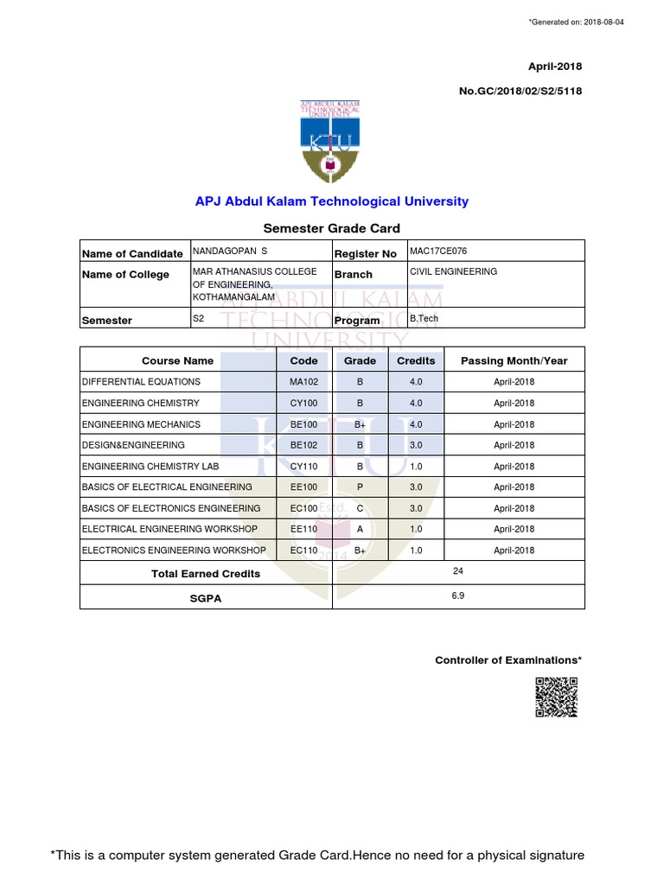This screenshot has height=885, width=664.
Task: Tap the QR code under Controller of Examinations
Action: [x=555, y=697]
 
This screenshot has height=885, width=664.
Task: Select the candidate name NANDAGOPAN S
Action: [x=230, y=251]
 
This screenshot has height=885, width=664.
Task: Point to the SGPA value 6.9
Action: [x=457, y=596]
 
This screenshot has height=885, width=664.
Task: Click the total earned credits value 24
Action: [x=457, y=571]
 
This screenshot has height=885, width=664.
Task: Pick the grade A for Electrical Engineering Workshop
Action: [x=360, y=529]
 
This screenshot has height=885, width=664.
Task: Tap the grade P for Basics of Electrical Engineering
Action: [x=360, y=487]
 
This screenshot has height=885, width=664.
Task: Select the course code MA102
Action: [x=304, y=382]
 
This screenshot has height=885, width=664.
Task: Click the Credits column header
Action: [x=416, y=360]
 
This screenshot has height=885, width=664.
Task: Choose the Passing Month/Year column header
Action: [x=514, y=360]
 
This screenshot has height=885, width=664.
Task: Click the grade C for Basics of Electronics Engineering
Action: [x=360, y=508]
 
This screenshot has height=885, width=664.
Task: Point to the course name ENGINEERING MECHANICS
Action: [x=141, y=424]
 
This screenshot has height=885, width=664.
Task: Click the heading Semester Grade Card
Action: [x=331, y=228]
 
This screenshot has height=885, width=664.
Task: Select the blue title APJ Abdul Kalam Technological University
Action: [x=331, y=201]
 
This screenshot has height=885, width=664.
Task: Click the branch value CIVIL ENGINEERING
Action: [x=453, y=271]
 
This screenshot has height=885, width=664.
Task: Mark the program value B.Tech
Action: [x=424, y=318]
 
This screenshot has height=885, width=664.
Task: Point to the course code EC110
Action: [x=304, y=550]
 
